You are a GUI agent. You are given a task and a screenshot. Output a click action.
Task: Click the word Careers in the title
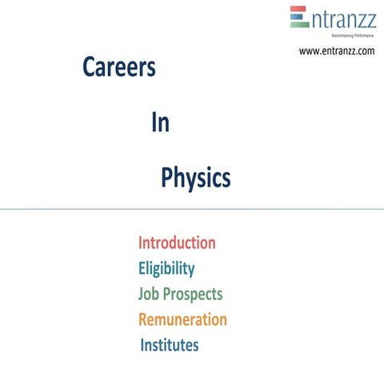pyautogui.click(x=118, y=69)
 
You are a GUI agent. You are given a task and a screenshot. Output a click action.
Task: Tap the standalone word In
pyautogui.click(x=160, y=123)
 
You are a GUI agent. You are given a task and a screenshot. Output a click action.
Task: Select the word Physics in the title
pyautogui.click(x=196, y=178)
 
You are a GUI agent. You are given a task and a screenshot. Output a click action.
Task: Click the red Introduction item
pyautogui.click(x=177, y=242)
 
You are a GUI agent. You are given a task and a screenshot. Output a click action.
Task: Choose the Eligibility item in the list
pyautogui.click(x=166, y=268)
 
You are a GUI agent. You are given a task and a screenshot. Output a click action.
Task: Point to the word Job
pyautogui.click(x=149, y=294)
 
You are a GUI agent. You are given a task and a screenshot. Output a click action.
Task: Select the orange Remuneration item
pyautogui.click(x=182, y=319)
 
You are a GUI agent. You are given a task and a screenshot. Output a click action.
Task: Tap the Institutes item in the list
pyautogui.click(x=170, y=346)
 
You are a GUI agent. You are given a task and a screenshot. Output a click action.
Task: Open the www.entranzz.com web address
pyautogui.click(x=337, y=51)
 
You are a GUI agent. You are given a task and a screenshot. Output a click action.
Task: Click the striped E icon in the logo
pyautogui.click(x=298, y=17)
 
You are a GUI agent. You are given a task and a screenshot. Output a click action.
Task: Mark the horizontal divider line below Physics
pyautogui.click(x=192, y=209)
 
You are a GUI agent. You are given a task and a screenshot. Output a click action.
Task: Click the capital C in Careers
pyautogui.click(x=89, y=69)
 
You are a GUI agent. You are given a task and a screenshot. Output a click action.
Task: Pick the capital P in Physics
pyautogui.click(x=167, y=177)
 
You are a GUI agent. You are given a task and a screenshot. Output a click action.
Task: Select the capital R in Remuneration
pyautogui.click(x=144, y=319)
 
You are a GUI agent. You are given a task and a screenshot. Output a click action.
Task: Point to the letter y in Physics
pyautogui.click(x=193, y=180)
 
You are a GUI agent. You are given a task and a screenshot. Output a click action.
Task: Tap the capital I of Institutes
pyautogui.click(x=143, y=346)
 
